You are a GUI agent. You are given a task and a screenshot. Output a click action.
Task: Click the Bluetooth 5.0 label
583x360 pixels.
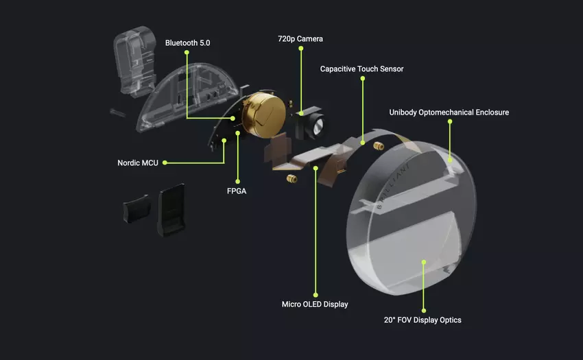[187, 43]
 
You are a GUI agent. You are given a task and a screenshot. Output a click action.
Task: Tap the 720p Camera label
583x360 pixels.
[300, 39]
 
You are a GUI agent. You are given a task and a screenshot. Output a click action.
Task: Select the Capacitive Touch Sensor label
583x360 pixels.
[361, 69]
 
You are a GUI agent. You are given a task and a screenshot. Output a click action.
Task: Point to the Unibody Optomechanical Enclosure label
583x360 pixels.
[449, 112]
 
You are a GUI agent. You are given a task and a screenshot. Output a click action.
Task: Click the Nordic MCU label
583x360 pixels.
[138, 163]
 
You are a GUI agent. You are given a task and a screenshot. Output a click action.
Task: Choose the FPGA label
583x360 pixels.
[237, 191]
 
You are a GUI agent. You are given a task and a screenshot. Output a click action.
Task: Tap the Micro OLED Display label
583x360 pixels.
[315, 304]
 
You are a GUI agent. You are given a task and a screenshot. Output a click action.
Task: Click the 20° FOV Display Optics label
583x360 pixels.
[423, 320]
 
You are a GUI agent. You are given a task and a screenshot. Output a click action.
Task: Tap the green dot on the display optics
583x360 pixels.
[423, 261]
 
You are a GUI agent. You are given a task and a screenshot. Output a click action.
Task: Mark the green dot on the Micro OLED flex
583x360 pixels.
[316, 167]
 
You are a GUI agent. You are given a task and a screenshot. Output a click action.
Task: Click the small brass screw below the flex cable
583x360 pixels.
[291, 180]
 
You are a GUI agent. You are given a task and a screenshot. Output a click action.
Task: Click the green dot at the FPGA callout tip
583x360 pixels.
[237, 134]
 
